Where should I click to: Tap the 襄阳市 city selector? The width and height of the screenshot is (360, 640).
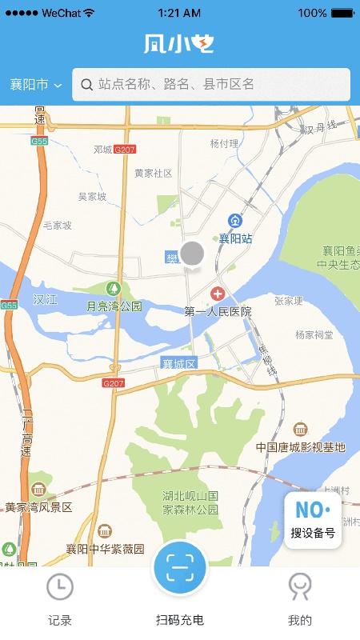(36, 85)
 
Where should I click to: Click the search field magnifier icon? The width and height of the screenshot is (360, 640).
(87, 84)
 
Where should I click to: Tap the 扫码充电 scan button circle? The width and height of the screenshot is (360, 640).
(180, 569)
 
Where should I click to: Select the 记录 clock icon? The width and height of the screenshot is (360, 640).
(60, 588)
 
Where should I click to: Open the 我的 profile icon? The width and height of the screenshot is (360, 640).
(300, 588)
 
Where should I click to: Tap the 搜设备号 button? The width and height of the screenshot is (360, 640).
(313, 520)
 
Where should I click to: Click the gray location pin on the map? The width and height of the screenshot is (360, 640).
(192, 254)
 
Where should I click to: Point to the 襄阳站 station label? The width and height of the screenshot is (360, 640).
(236, 238)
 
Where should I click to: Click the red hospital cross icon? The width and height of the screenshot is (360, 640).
(217, 294)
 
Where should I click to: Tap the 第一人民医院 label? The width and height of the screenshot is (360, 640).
(218, 311)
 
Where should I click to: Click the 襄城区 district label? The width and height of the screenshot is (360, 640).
(178, 363)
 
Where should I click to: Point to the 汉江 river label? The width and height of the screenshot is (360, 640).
(46, 299)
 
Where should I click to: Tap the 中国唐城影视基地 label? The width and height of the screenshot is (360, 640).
(300, 447)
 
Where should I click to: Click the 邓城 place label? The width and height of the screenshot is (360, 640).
(102, 150)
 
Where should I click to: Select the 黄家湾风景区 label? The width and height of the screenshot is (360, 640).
(38, 507)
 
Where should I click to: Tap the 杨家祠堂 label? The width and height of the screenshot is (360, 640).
(314, 334)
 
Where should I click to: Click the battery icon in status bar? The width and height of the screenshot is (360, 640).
(342, 14)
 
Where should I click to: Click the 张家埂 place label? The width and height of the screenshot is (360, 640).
(289, 301)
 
